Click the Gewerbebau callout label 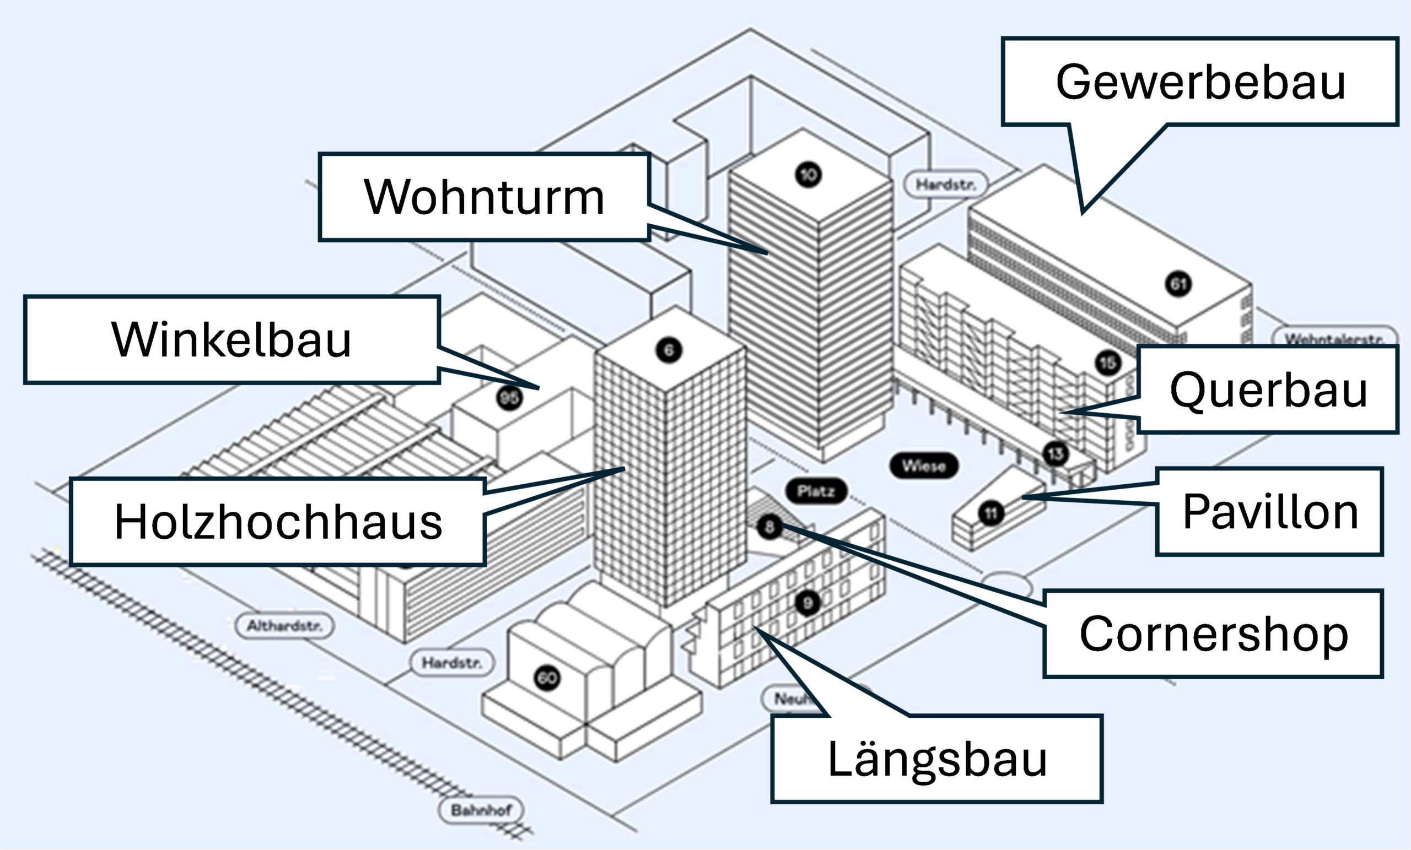tap(1200, 82)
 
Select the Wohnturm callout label tap(484, 197)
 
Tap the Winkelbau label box tap(231, 339)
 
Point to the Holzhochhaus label tap(278, 522)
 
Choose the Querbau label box tap(1268, 390)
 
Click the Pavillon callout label tap(1269, 512)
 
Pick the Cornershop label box tap(1214, 634)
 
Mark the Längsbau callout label tap(937, 759)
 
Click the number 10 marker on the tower tap(808, 175)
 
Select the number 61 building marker tap(1178, 284)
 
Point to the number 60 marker tap(547, 678)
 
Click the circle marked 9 tap(807, 603)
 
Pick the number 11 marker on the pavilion tap(990, 513)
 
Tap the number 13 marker tap(1055, 454)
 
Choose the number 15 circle tap(1107, 363)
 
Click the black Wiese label tap(924, 466)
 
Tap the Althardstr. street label tap(284, 626)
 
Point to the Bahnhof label tap(481, 810)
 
